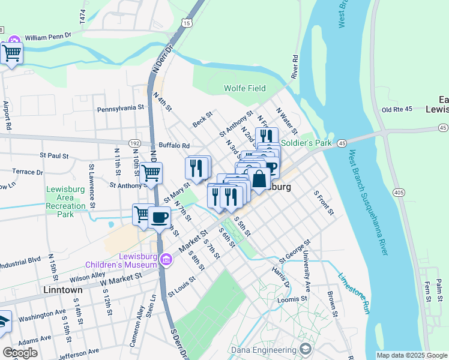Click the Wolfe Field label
point(244,88)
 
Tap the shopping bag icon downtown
point(259,179)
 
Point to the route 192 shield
point(135,144)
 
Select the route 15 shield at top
point(187,23)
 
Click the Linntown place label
point(63,290)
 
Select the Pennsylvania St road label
point(121,109)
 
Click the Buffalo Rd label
point(174,145)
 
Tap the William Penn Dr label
point(48,35)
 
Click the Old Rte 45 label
point(397,109)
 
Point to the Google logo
point(20,352)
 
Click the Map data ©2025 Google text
point(411,355)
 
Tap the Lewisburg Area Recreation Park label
point(68,202)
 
